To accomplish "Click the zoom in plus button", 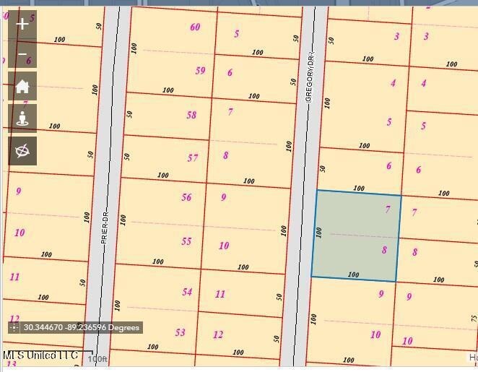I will click(22, 24).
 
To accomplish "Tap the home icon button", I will click(22, 87).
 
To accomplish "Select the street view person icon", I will click(22, 119).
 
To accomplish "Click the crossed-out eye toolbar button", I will click(22, 151).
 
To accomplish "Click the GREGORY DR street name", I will click(310, 76).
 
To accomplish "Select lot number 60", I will click(195, 27).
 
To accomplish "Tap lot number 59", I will click(200, 71).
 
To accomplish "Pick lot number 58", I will click(191, 115).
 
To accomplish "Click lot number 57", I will click(192, 157).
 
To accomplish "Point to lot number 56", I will click(186, 197).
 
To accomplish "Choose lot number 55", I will click(186, 241).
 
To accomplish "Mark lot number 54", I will click(187, 292).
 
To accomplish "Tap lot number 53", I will click(180, 332).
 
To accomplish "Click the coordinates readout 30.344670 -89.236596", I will click(81, 328).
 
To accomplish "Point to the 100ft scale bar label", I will click(97, 359).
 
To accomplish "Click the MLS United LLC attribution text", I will click(40, 355).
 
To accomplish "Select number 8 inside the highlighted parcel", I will click(384, 250).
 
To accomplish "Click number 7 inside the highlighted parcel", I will click(388, 209).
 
